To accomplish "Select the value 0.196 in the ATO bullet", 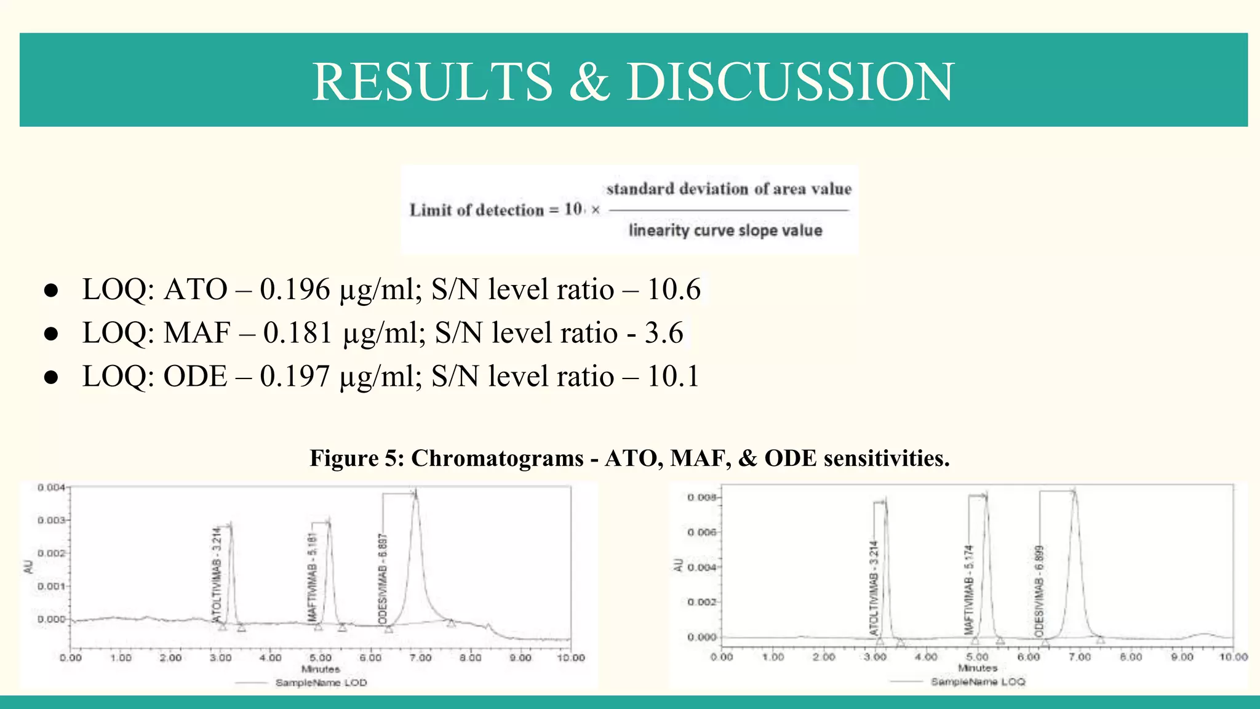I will pos(295,289).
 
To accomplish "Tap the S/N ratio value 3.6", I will pos(664,333).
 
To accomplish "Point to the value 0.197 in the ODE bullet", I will pos(295,376).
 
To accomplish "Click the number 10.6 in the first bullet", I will pos(674,289).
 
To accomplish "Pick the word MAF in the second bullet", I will pos(196,333).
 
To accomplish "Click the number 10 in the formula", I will pos(573,209).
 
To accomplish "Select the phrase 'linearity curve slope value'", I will pos(725,230).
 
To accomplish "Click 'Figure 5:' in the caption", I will pos(356,458).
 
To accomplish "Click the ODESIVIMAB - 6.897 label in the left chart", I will pos(383,579).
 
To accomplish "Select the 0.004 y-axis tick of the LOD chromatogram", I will pos(51,487).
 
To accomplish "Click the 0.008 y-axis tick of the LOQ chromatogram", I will pos(701,497).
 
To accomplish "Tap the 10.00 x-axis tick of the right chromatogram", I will pos(1233,657).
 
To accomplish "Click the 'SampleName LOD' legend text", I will pos(321,683).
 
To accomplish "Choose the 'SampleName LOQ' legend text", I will pos(978,682).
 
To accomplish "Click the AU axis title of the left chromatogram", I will pos(28,567).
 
